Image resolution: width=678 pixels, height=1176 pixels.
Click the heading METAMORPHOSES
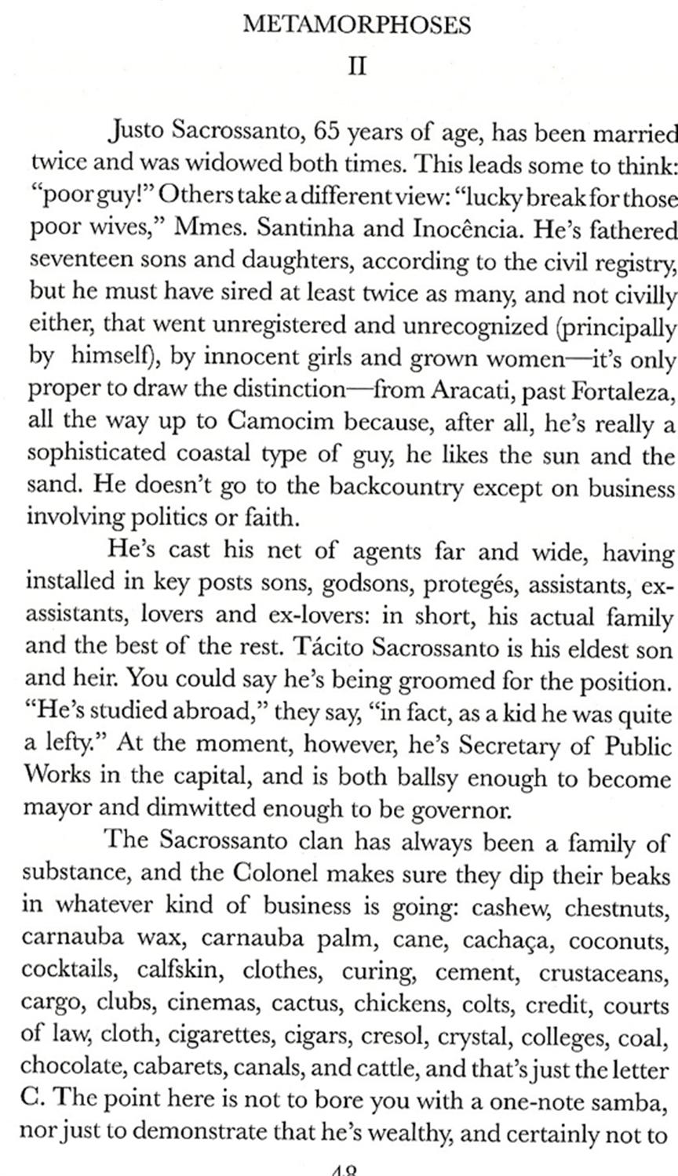point(357,26)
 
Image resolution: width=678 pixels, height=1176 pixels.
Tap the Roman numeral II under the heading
point(357,65)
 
